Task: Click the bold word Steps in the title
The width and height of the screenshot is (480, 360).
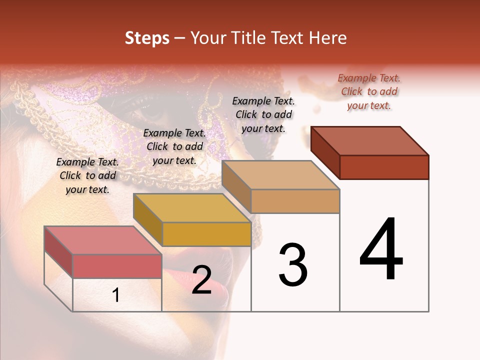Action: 146,38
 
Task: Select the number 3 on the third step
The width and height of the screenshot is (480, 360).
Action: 293,264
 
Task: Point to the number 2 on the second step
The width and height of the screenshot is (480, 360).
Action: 202,280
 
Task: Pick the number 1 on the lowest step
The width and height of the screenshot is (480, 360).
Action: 116,295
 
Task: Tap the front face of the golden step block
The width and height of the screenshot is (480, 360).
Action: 206,234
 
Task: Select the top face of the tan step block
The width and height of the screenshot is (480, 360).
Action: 280,175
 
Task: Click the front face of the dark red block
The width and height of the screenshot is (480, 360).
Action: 384,167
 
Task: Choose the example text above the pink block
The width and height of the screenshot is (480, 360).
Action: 87,175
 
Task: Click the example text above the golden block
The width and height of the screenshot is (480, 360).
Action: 174,146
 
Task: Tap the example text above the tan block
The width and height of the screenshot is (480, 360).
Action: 263,114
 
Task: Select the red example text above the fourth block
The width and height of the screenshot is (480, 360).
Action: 369,91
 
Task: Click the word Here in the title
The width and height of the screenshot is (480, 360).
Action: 328,38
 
